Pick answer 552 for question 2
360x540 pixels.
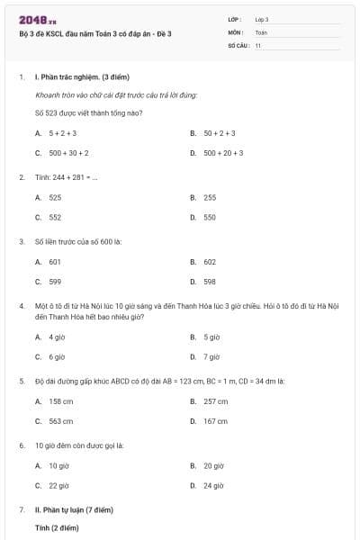coord(55,217)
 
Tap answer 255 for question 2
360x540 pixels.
coord(209,196)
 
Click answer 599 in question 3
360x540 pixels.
coord(55,282)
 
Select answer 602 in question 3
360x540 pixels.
coord(209,261)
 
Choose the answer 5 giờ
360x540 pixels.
coord(211,337)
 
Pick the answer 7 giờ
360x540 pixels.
coord(211,357)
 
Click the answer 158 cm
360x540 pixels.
coord(60,400)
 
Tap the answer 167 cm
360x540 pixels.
coord(215,421)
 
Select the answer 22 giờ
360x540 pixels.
coord(58,486)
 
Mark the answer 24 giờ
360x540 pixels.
coord(213,486)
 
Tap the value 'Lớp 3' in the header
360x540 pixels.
coord(262,19)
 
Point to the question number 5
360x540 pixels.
coord(22,381)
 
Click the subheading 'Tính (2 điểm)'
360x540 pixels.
coord(54,528)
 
